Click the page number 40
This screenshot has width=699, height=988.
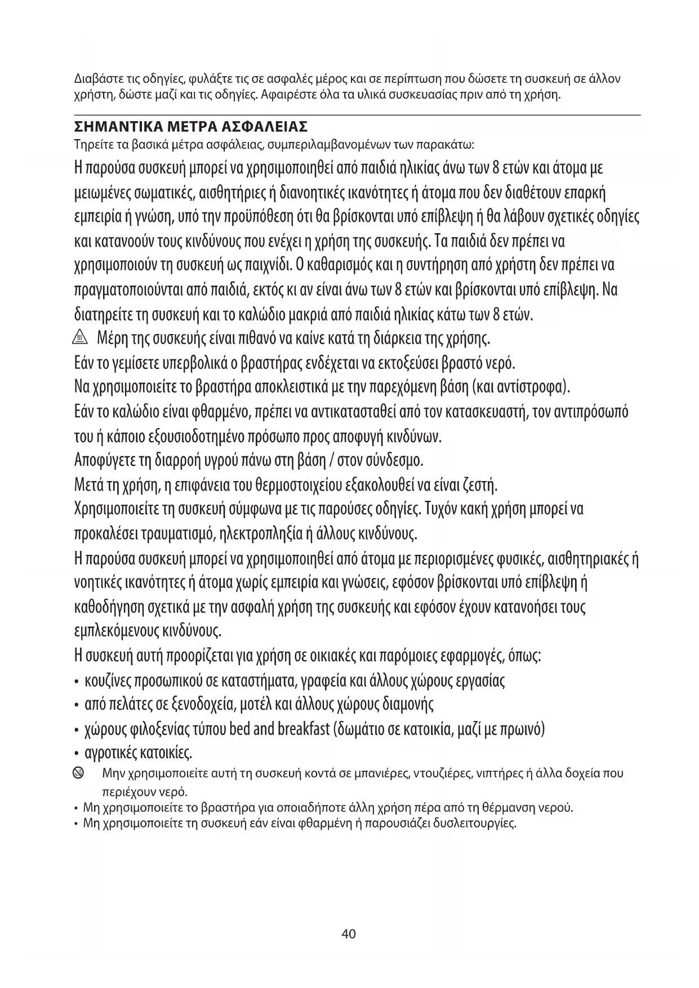pyautogui.click(x=349, y=934)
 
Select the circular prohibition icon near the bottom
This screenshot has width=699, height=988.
pyautogui.click(x=80, y=773)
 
